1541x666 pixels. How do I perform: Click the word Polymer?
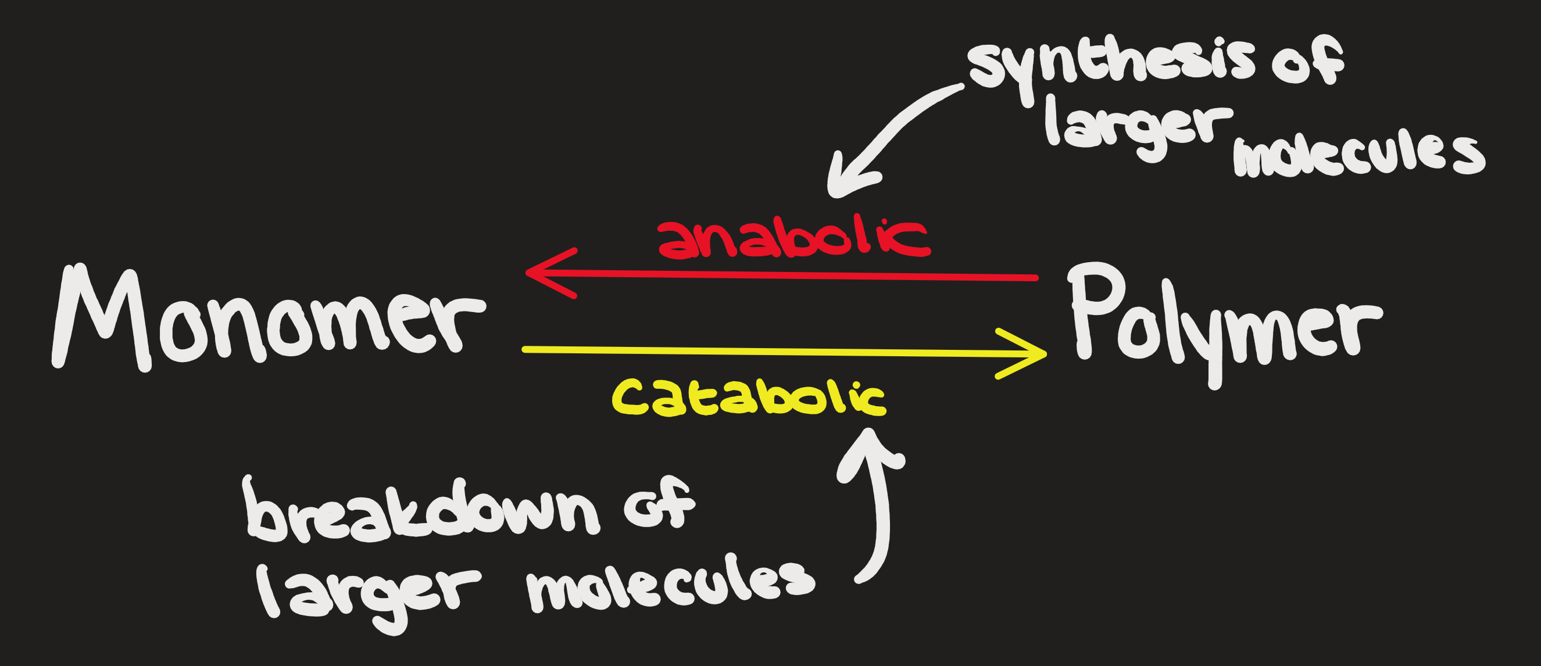click(x=1220, y=323)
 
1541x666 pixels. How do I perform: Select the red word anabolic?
click(x=793, y=239)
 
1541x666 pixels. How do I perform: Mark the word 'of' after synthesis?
click(x=1307, y=63)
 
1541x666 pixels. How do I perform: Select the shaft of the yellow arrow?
click(x=748, y=352)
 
